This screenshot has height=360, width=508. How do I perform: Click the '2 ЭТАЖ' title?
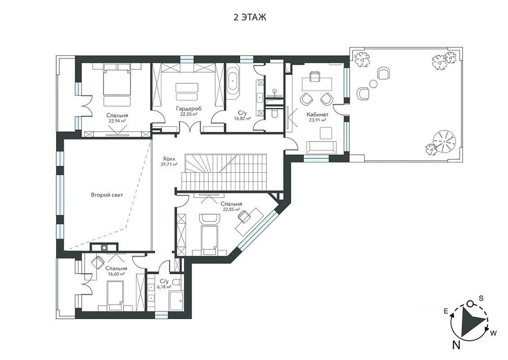click(250, 17)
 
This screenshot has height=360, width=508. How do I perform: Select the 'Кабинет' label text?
click(317, 114)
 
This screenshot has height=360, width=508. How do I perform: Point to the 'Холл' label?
click(169, 159)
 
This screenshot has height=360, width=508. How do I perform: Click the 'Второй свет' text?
click(107, 195)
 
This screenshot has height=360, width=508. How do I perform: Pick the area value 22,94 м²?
click(117, 121)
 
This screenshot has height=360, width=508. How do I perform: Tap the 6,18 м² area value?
click(164, 287)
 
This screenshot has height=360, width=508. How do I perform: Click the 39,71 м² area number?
click(169, 164)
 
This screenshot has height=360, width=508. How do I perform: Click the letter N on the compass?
click(456, 345)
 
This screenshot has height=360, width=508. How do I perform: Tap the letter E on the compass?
click(446, 312)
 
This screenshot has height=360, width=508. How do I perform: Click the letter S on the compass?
click(481, 298)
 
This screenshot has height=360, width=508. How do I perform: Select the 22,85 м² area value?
click(232, 210)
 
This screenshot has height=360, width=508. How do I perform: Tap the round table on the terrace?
click(373, 85)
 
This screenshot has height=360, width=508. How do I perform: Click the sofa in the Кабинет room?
click(321, 147)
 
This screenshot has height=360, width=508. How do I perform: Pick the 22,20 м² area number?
click(189, 114)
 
